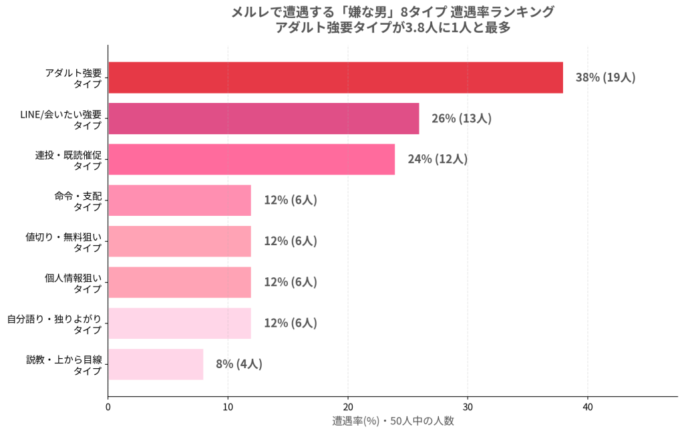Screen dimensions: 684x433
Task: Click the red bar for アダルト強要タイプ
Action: (335, 78)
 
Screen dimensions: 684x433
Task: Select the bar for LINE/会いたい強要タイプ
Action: (263, 118)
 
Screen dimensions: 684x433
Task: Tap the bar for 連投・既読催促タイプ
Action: (252, 159)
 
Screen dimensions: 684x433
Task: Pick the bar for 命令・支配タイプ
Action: (180, 200)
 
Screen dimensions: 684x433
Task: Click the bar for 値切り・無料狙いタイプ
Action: (180, 241)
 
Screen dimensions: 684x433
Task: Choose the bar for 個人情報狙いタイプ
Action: (180, 283)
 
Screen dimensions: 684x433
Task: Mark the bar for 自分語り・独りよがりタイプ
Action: (180, 323)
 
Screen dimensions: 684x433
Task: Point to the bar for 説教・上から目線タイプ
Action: (156, 364)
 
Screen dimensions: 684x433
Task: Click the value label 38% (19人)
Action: (605, 78)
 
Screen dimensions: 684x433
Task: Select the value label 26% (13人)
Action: (462, 118)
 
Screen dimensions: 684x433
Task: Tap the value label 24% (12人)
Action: (438, 159)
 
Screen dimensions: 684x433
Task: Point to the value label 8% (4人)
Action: (239, 364)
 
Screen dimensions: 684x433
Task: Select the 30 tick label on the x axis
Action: (468, 407)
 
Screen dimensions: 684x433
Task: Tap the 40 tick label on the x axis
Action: (588, 407)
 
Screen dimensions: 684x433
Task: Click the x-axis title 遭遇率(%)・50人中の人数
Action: (393, 421)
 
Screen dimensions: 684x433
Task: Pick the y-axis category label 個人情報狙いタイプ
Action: (73, 283)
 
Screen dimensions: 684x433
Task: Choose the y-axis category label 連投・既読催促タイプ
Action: (69, 160)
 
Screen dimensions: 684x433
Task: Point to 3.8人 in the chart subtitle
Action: (421, 27)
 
